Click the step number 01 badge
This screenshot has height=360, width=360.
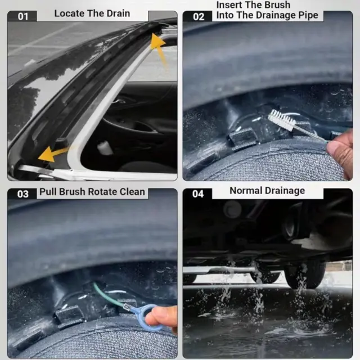[x=22, y=16]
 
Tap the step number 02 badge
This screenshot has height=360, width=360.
[x=198, y=16]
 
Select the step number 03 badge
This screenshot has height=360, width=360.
[x=22, y=194]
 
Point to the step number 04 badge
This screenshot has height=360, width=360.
[x=197, y=193]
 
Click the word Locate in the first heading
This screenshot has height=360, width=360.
[x=69, y=13]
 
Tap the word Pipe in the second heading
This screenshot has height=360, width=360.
[x=308, y=16]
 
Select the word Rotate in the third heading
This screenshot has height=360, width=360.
[x=102, y=192]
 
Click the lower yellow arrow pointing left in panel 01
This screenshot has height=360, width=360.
[x=53, y=154]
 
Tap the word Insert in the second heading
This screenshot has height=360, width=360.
[x=230, y=5]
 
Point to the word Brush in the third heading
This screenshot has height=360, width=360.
[x=72, y=192]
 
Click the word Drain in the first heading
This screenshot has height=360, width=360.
[x=118, y=13]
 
